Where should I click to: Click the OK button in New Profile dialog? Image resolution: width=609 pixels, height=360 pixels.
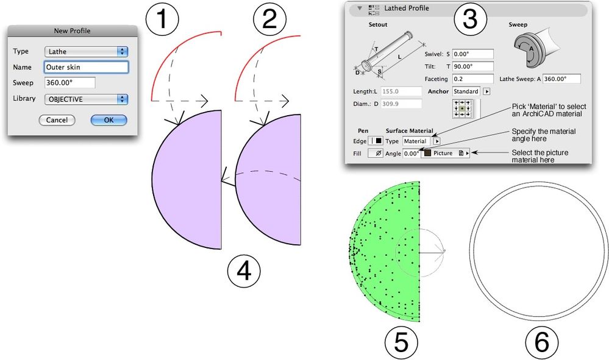[x=109, y=120]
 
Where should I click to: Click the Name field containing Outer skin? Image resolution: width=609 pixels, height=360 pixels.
[x=86, y=67]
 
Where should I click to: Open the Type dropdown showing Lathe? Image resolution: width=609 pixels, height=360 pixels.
[x=86, y=52]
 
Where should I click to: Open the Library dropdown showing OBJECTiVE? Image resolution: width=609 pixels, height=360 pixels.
[x=86, y=99]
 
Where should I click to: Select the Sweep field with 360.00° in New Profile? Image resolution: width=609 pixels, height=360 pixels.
[x=70, y=83]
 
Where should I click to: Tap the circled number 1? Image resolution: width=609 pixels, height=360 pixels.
[x=162, y=19]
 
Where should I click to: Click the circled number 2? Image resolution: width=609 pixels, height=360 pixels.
[x=269, y=19]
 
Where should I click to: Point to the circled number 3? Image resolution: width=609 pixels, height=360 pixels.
[x=471, y=19]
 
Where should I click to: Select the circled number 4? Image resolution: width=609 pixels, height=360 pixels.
[x=244, y=271]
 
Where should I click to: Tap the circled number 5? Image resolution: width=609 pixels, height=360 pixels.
[x=402, y=342]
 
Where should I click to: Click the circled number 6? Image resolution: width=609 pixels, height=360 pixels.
[x=542, y=342]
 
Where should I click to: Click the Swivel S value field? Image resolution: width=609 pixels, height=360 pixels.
[x=473, y=54]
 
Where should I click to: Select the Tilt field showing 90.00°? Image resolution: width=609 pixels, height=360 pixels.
[x=473, y=66]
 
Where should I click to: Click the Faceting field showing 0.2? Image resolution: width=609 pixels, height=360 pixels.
[x=473, y=79]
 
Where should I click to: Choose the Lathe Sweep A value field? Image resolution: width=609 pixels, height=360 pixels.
[x=561, y=79]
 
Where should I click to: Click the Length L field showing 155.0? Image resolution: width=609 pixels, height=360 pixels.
[x=401, y=91]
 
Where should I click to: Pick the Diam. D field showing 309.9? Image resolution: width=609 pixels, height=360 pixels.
[x=401, y=104]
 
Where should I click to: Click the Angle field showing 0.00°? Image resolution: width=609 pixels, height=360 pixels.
[x=411, y=154]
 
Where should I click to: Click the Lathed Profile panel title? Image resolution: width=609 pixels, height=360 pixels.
[x=407, y=8]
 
